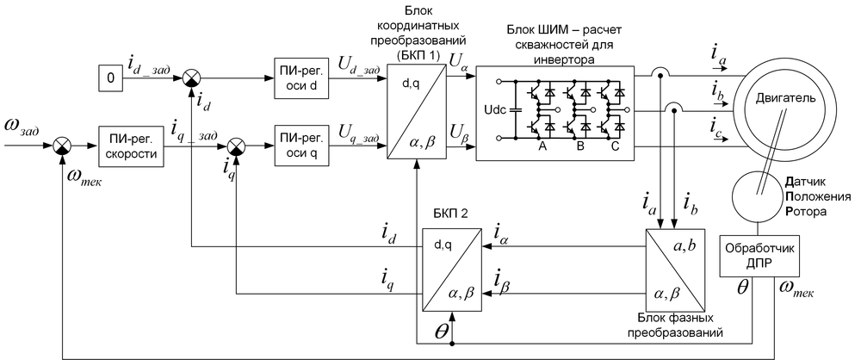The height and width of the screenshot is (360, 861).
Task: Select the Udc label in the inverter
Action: click(x=498, y=111)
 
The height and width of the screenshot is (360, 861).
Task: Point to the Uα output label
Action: click(x=458, y=60)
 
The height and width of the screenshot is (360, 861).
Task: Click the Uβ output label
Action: click(x=458, y=131)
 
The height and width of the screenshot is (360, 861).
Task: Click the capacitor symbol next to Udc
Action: click(x=516, y=111)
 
